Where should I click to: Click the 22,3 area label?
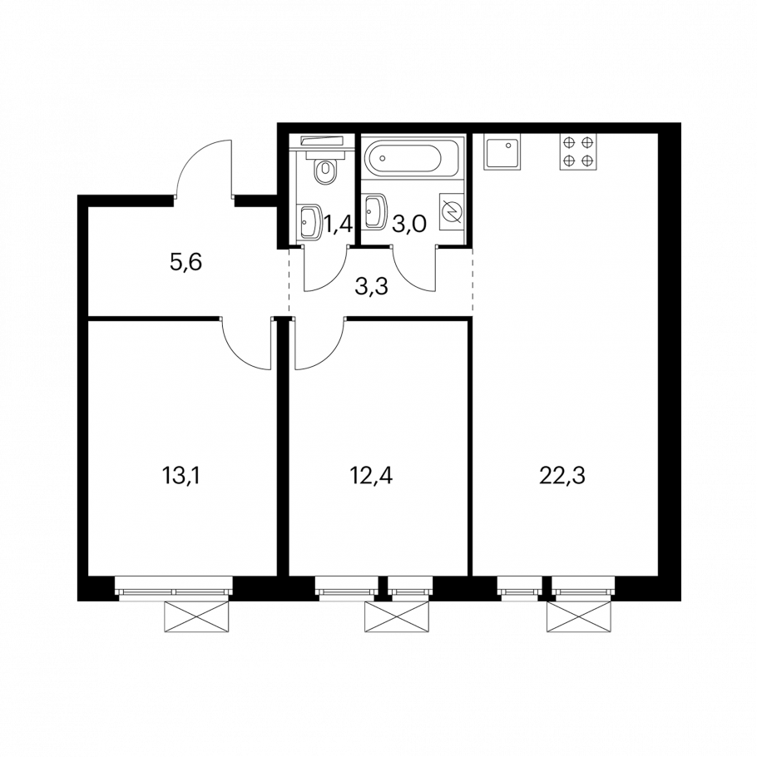click(562, 476)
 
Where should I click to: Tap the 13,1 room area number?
click(181, 476)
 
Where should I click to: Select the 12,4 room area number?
click(371, 476)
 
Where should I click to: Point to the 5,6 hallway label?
click(186, 263)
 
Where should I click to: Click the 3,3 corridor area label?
click(371, 287)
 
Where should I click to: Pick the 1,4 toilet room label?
click(338, 225)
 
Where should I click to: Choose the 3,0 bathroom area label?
click(409, 225)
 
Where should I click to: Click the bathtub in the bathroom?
click(413, 158)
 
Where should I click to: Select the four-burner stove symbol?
click(578, 151)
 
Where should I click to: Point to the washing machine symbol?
click(452, 212)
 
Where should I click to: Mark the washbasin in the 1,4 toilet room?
click(310, 222)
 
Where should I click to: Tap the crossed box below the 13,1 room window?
click(196, 617)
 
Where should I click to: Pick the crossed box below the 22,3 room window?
click(578, 617)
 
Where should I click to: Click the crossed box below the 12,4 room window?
click(396, 617)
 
